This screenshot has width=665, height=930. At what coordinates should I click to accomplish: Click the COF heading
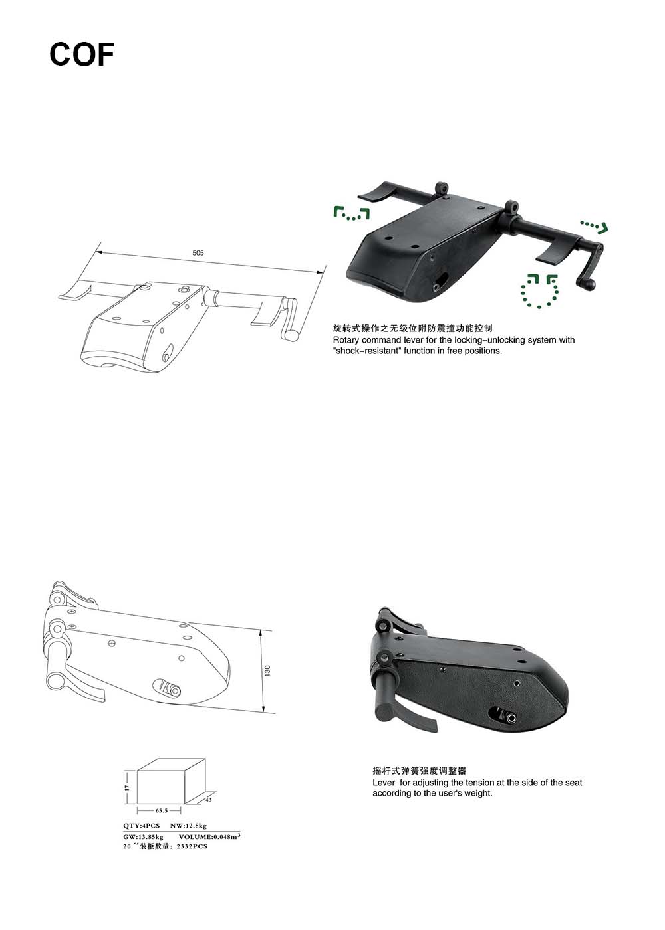point(82,54)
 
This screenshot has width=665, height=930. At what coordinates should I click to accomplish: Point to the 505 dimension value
point(198,253)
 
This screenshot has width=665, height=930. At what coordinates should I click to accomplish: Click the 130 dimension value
point(267,670)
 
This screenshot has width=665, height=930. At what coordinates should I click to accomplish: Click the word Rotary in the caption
point(346,340)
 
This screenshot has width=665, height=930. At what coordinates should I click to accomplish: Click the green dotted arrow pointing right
point(595,227)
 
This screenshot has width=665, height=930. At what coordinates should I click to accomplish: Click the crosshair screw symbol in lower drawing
point(112,644)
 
